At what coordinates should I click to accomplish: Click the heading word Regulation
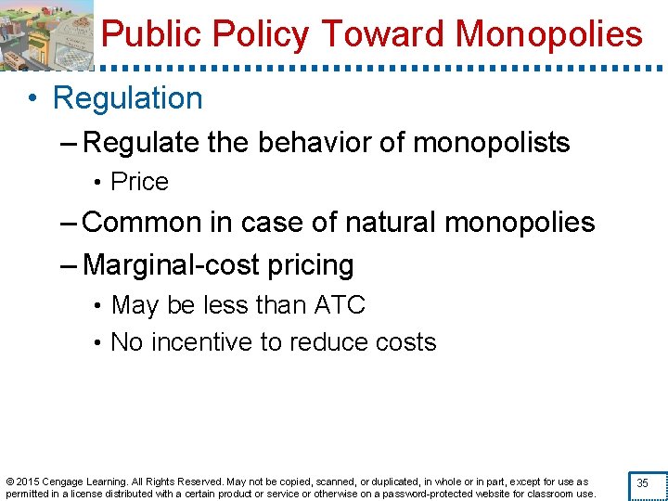tap(128, 98)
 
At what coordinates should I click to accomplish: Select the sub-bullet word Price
tap(139, 182)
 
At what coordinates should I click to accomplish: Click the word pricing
tap(307, 265)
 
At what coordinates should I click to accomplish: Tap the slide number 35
tap(642, 483)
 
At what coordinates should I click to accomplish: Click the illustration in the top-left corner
tap(46, 33)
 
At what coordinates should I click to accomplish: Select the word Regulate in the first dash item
tap(144, 143)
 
